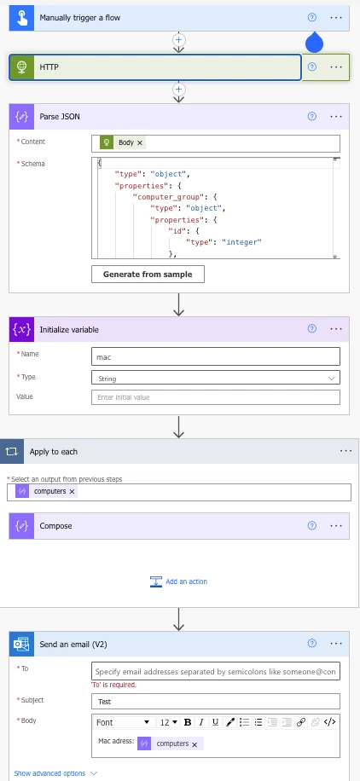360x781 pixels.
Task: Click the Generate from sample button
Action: [x=148, y=274]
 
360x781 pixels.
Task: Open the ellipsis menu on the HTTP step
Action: [x=336, y=67]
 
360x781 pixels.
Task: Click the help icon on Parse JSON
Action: [x=312, y=117]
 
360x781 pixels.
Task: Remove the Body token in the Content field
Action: [x=140, y=143]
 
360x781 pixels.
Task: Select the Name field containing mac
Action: [x=215, y=356]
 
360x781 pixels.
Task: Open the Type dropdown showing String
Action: [x=215, y=378]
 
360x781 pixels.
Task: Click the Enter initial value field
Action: [x=215, y=397]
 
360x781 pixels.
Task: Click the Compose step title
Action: [x=55, y=526]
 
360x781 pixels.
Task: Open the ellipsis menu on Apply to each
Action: [x=346, y=451]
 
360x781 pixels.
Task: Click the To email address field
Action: [x=215, y=671]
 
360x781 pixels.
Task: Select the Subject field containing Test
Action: [x=215, y=702]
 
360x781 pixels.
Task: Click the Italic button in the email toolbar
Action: [x=201, y=722]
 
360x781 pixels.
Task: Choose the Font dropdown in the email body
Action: [x=123, y=722]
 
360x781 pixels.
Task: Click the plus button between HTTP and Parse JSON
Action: [x=178, y=90]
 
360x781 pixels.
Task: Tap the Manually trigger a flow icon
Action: [x=21, y=18]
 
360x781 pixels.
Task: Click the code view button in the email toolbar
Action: [x=329, y=722]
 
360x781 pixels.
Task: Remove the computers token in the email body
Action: [x=195, y=744]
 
